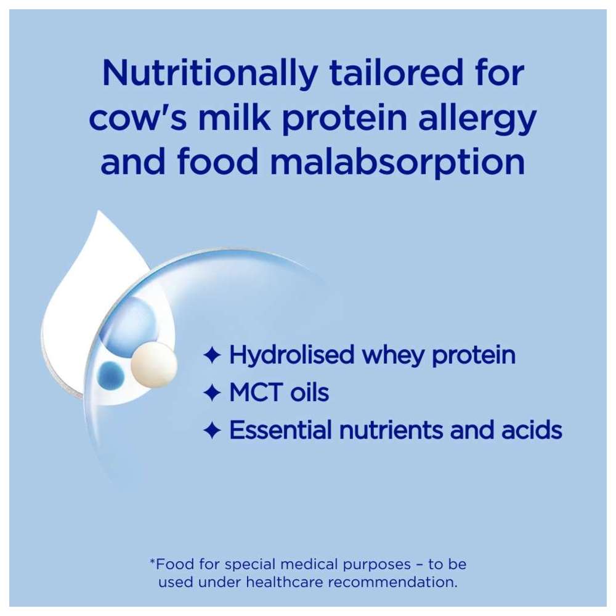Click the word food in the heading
[217, 160]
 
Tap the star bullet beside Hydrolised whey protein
[212, 355]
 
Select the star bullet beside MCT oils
[212, 392]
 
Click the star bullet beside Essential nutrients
[212, 430]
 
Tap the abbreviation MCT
[256, 392]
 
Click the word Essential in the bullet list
[281, 430]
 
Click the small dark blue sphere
[110, 375]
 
